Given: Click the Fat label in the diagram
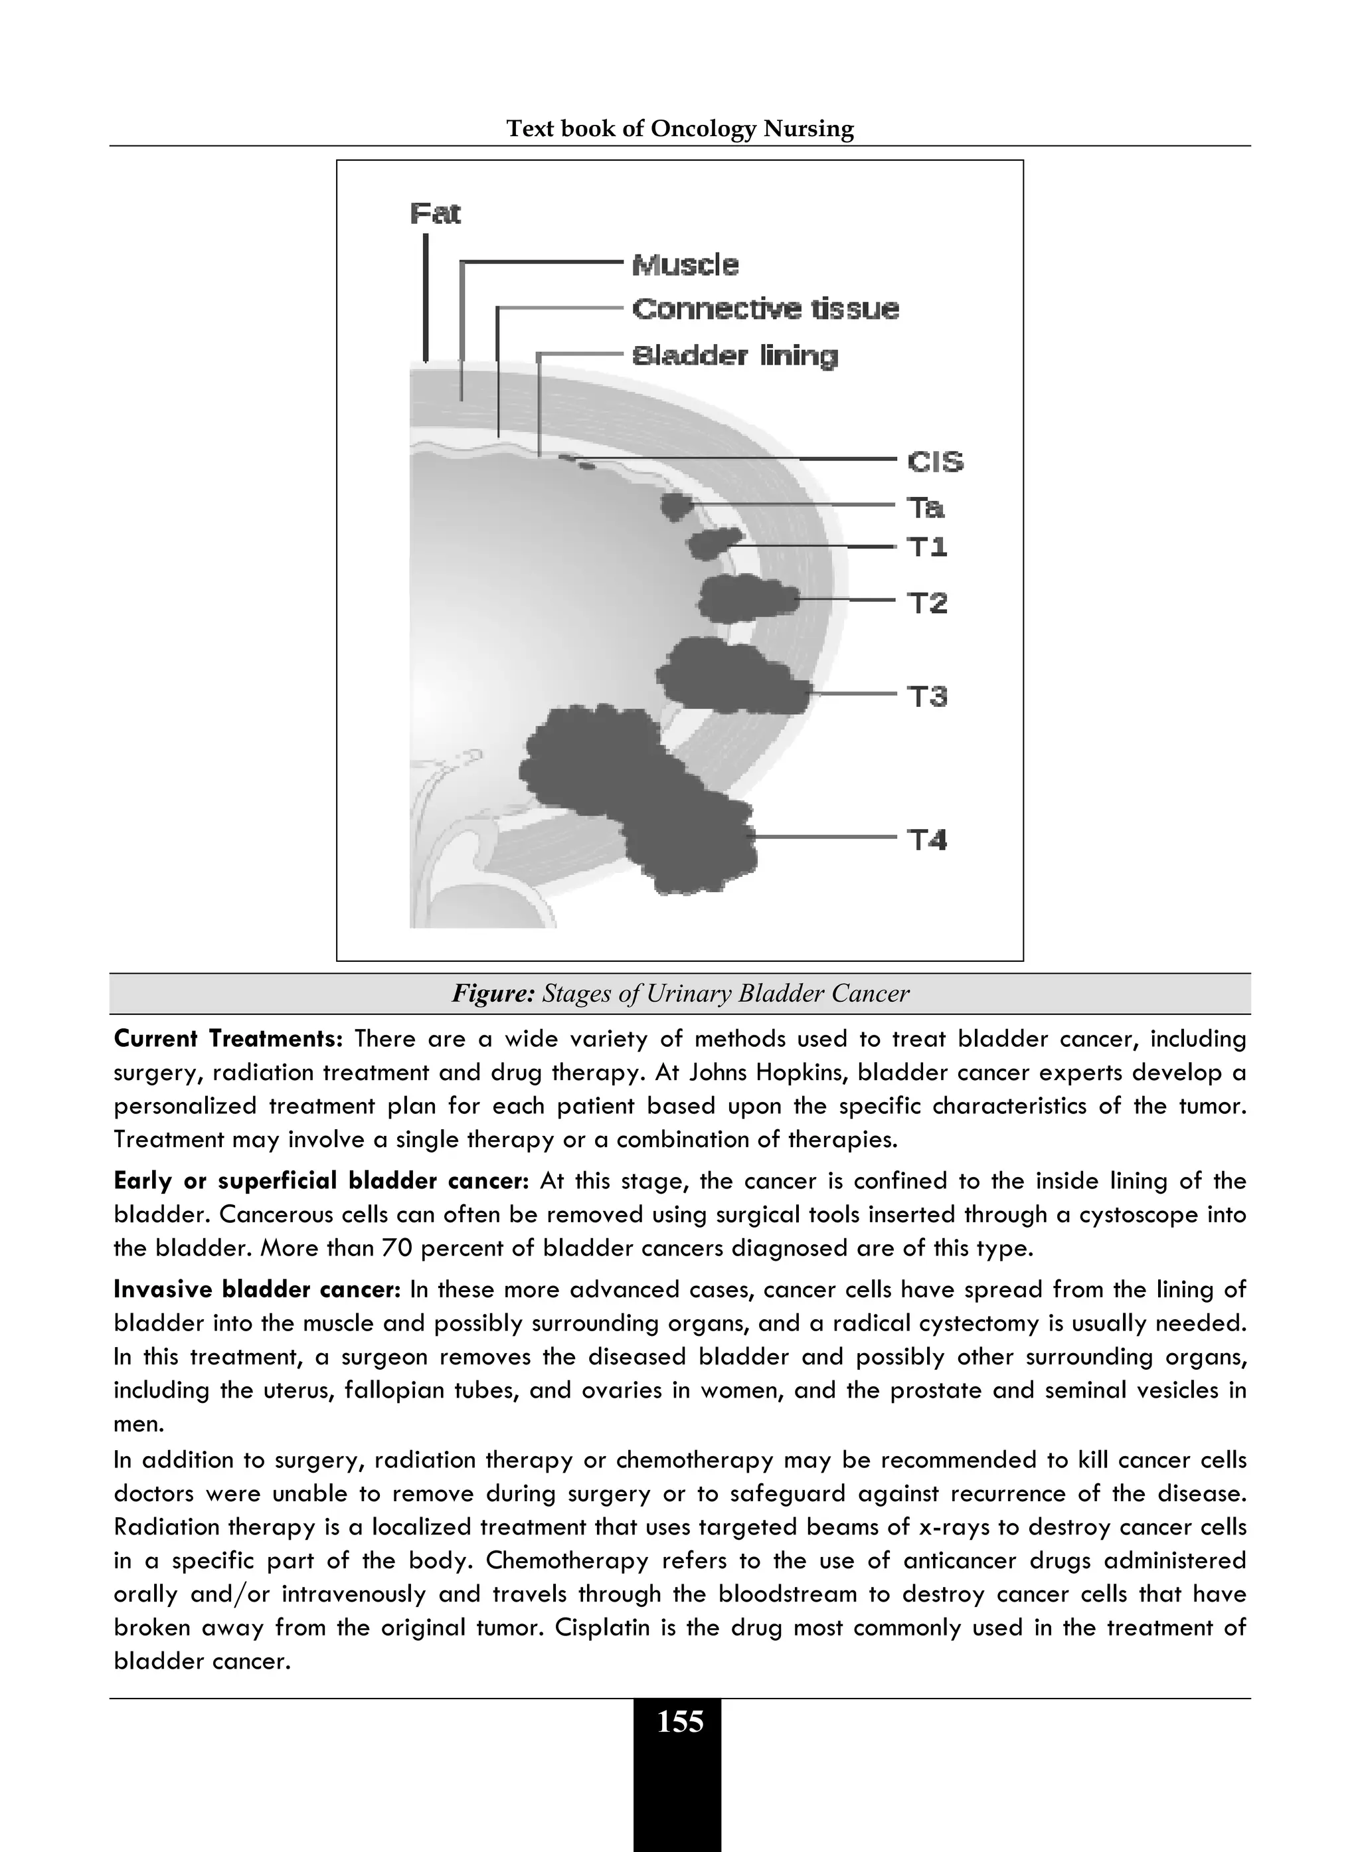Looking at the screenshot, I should (435, 214).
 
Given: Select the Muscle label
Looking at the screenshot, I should (685, 265).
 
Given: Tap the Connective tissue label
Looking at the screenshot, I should (765, 310).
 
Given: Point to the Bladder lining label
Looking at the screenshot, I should (734, 356).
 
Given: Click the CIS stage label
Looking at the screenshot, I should (935, 462).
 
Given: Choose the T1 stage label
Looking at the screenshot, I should (927, 547).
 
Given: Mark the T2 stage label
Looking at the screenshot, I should (928, 604).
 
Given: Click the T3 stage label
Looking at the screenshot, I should (928, 697).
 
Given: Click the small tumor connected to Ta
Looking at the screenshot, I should (676, 506).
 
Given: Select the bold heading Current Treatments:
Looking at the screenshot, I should (227, 1039).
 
